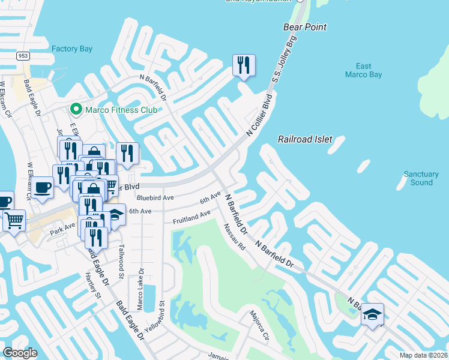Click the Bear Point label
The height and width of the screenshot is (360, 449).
305,27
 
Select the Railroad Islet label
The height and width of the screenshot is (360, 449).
305,139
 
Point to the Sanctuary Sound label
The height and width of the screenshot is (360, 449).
421,178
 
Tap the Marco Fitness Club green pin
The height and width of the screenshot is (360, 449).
76,109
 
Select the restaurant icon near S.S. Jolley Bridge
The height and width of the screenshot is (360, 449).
244,65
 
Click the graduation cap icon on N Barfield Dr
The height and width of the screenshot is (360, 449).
372,314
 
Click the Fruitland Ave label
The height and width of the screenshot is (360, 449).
191,217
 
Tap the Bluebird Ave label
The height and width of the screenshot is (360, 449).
155,197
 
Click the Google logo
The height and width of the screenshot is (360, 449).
20,353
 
